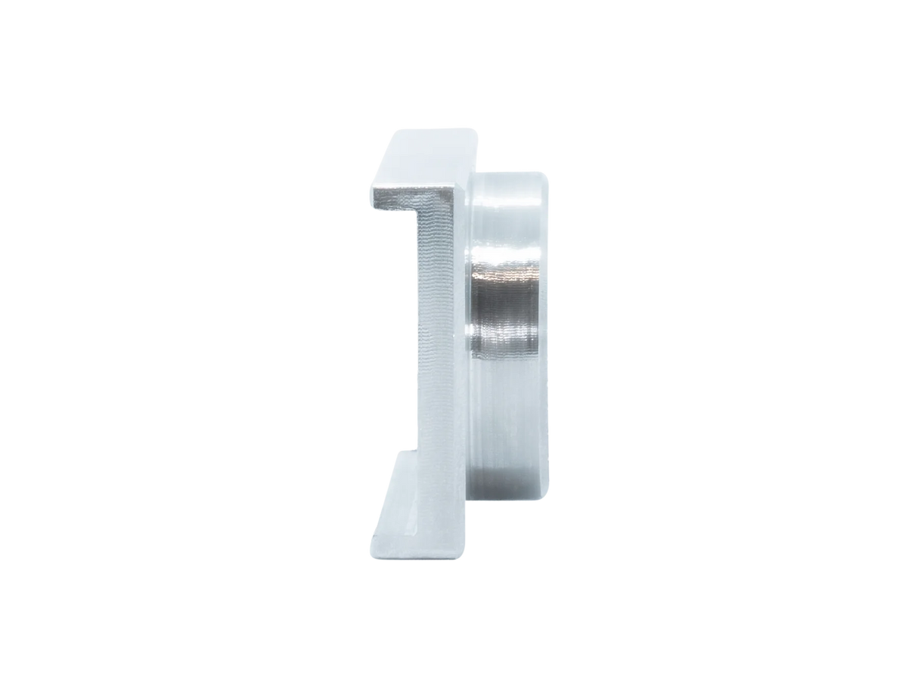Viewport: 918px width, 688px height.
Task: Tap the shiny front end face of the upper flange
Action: point(412,201)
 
